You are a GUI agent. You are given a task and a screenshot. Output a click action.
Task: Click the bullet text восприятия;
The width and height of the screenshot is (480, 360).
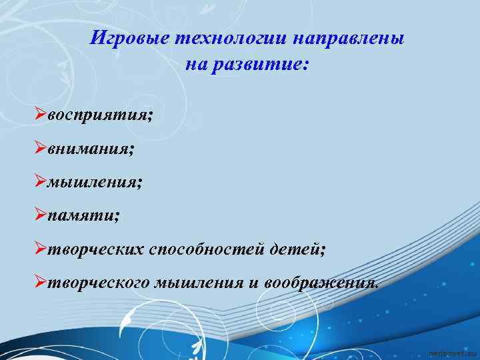click(100, 115)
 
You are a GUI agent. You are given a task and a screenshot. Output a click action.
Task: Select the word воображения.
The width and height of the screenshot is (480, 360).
click(323, 282)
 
